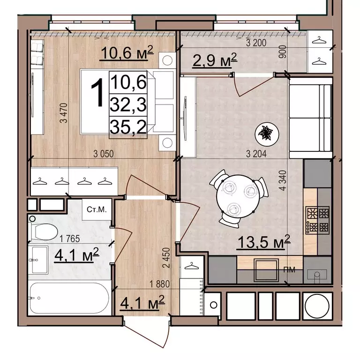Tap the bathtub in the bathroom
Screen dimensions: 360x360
69,298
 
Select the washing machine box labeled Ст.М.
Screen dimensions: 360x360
97,210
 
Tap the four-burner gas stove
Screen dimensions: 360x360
317,220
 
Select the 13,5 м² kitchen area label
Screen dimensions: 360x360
264,242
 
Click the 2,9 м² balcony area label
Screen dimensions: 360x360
215,60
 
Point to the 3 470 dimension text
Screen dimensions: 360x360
64,113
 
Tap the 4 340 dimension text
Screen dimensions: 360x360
283,180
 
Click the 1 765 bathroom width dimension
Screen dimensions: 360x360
69,239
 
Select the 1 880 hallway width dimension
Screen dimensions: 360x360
159,284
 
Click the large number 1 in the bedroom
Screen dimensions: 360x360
98,93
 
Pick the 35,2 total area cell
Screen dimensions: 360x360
128,127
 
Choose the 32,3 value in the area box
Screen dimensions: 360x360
128,105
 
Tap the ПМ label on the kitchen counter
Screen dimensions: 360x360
290,270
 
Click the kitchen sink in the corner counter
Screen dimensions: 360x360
317,274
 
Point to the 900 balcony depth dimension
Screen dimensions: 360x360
283,52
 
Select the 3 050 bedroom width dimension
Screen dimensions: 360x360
104,154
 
